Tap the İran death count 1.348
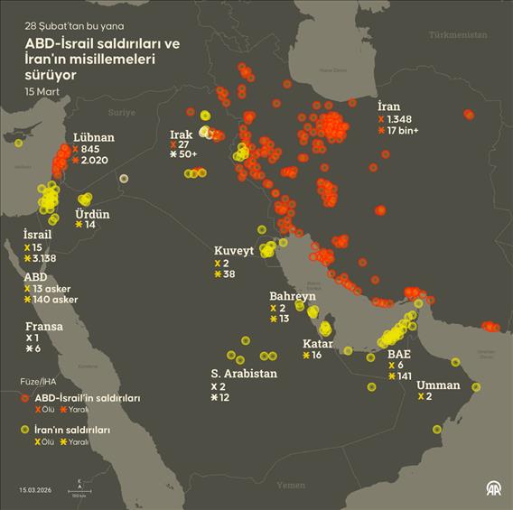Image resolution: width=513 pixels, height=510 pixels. (399, 119)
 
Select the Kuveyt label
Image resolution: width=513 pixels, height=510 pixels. (234, 250)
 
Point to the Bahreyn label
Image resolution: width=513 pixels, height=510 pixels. (293, 296)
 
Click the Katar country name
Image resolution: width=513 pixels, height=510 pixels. (317, 343)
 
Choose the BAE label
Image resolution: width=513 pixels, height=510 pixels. (398, 354)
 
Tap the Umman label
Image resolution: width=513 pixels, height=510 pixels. (438, 385)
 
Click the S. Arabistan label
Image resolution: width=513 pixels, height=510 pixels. (245, 373)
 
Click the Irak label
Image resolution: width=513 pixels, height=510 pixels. (182, 134)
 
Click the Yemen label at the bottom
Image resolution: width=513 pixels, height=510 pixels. (291, 485)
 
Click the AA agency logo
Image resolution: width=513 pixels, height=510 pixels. (494, 488)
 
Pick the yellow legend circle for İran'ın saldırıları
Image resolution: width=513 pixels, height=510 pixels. (27, 431)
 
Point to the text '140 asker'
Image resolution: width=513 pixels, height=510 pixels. (56, 300)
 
